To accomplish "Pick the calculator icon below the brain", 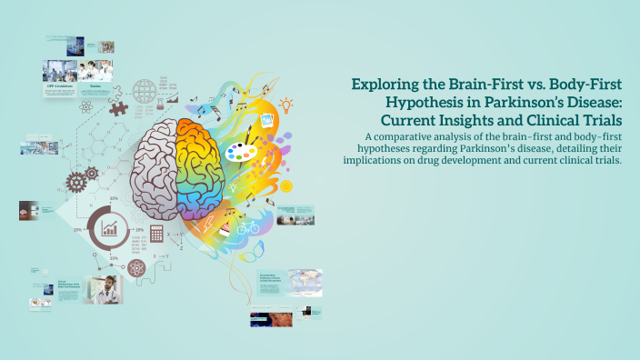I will click(156, 235).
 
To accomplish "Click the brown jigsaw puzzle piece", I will click(117, 107).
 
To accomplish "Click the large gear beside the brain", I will click(77, 181).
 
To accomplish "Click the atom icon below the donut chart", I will click(137, 268).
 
